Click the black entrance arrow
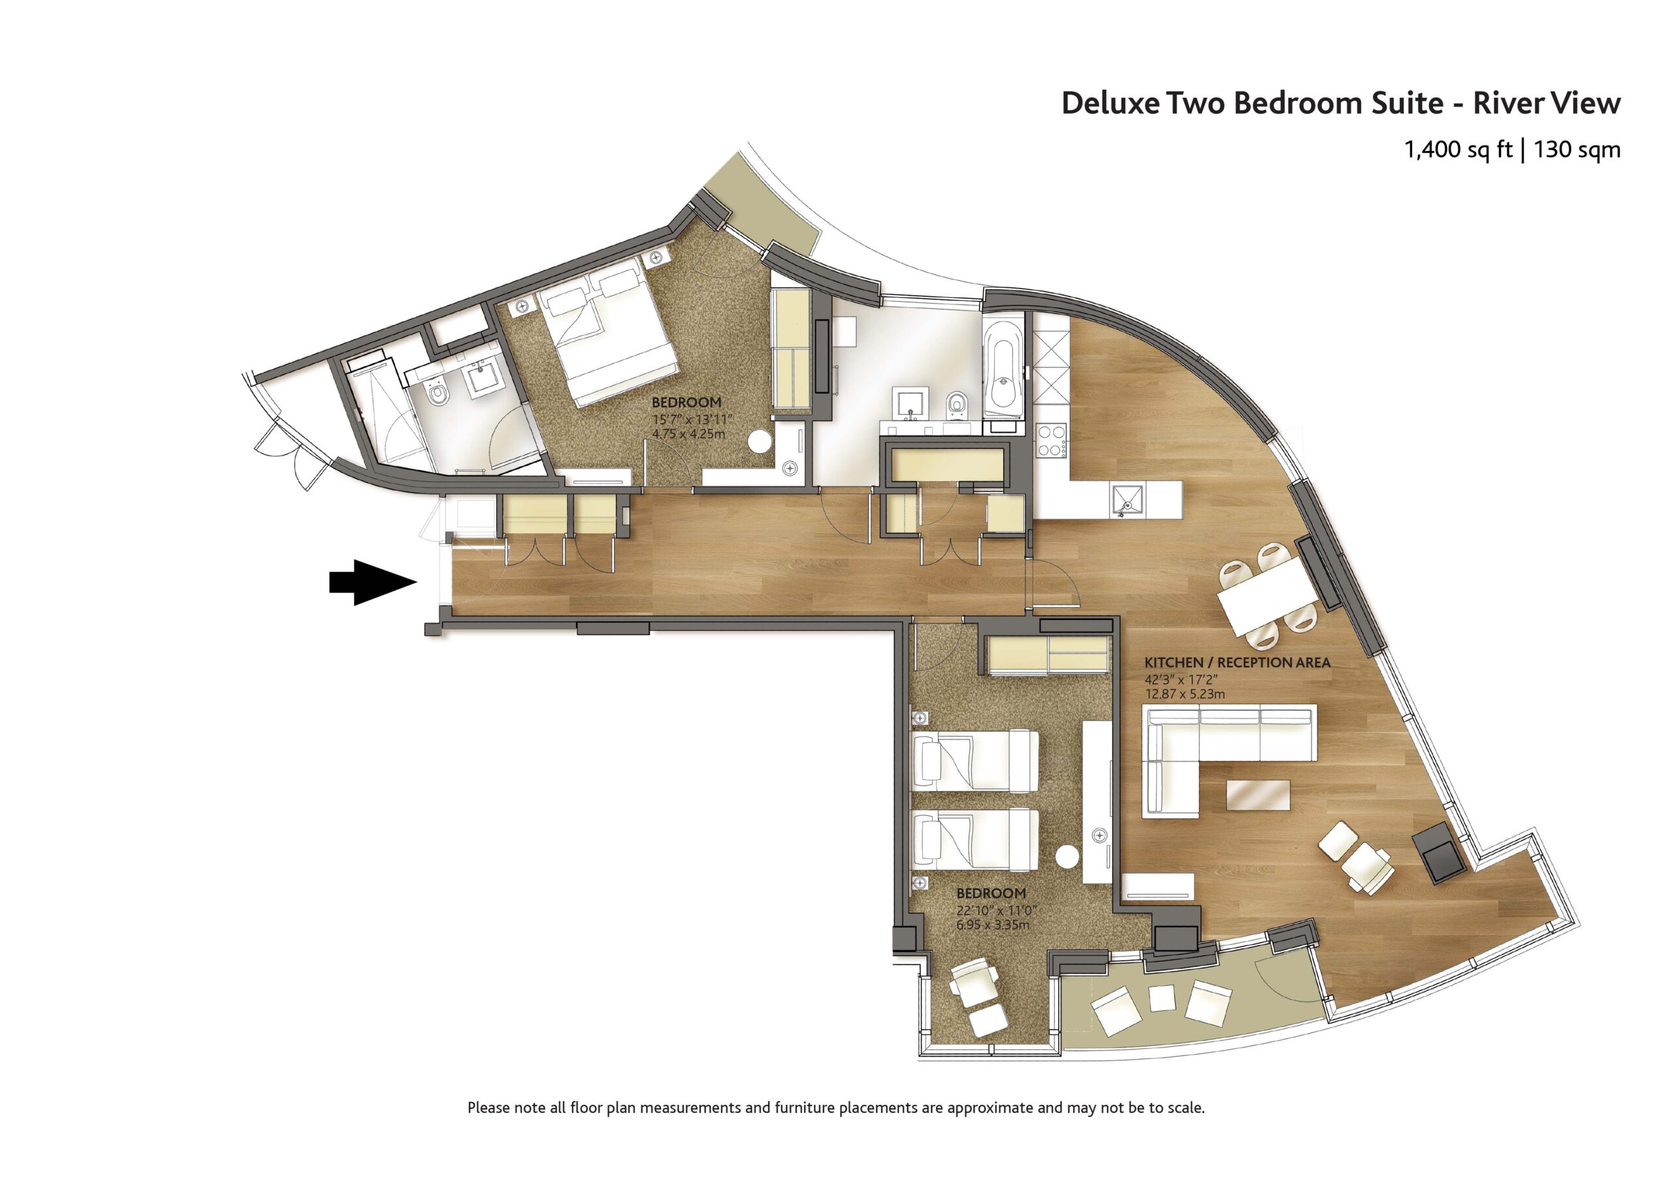[x=372, y=582]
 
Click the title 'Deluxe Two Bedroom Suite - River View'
[x=1341, y=103]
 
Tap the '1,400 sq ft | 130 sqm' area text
[x=1512, y=150]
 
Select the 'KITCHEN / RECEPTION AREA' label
[x=1237, y=663]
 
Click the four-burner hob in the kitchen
[x=1051, y=441]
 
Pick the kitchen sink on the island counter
[x=1126, y=500]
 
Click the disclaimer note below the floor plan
[x=836, y=1108]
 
